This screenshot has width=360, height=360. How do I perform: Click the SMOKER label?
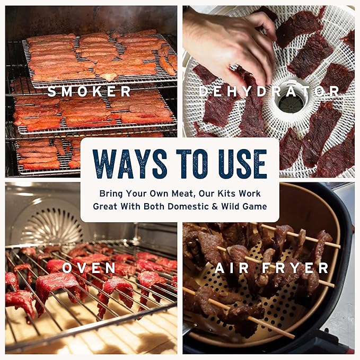click(89, 91)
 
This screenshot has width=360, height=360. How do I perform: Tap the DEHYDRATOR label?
click(269, 91)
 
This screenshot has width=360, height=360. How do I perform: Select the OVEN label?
click(89, 268)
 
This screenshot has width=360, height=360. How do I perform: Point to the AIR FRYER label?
click(271, 268)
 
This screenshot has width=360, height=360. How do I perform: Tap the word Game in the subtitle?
click(255, 206)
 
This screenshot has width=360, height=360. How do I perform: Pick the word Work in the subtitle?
click(250, 194)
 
